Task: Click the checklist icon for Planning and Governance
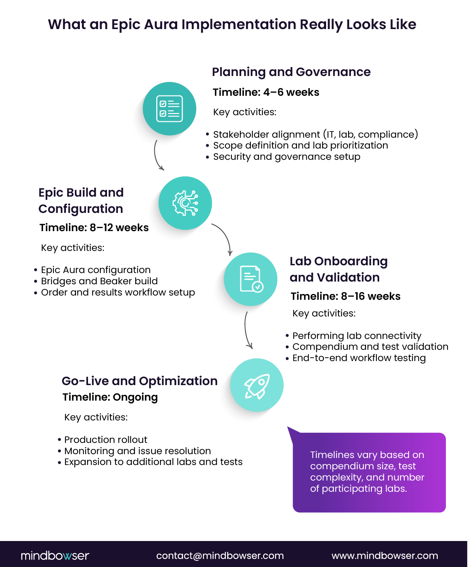pyautogui.click(x=169, y=109)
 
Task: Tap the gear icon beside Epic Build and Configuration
pyautogui.click(x=185, y=203)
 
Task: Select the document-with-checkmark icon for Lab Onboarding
pyautogui.click(x=251, y=279)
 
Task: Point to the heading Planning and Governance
pyautogui.click(x=291, y=72)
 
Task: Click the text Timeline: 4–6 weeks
pyautogui.click(x=266, y=92)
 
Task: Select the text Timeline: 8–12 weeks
pyautogui.click(x=94, y=228)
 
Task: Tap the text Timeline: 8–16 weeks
pyautogui.click(x=345, y=296)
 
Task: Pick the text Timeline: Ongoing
pyautogui.click(x=110, y=397)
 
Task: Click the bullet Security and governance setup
pyautogui.click(x=287, y=157)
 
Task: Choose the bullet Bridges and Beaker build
pyautogui.click(x=99, y=281)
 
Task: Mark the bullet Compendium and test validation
pyautogui.click(x=370, y=347)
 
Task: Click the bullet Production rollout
pyautogui.click(x=106, y=440)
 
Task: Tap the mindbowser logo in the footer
pyautogui.click(x=55, y=556)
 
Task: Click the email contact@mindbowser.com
pyautogui.click(x=220, y=556)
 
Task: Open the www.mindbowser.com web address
pyautogui.click(x=385, y=556)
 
